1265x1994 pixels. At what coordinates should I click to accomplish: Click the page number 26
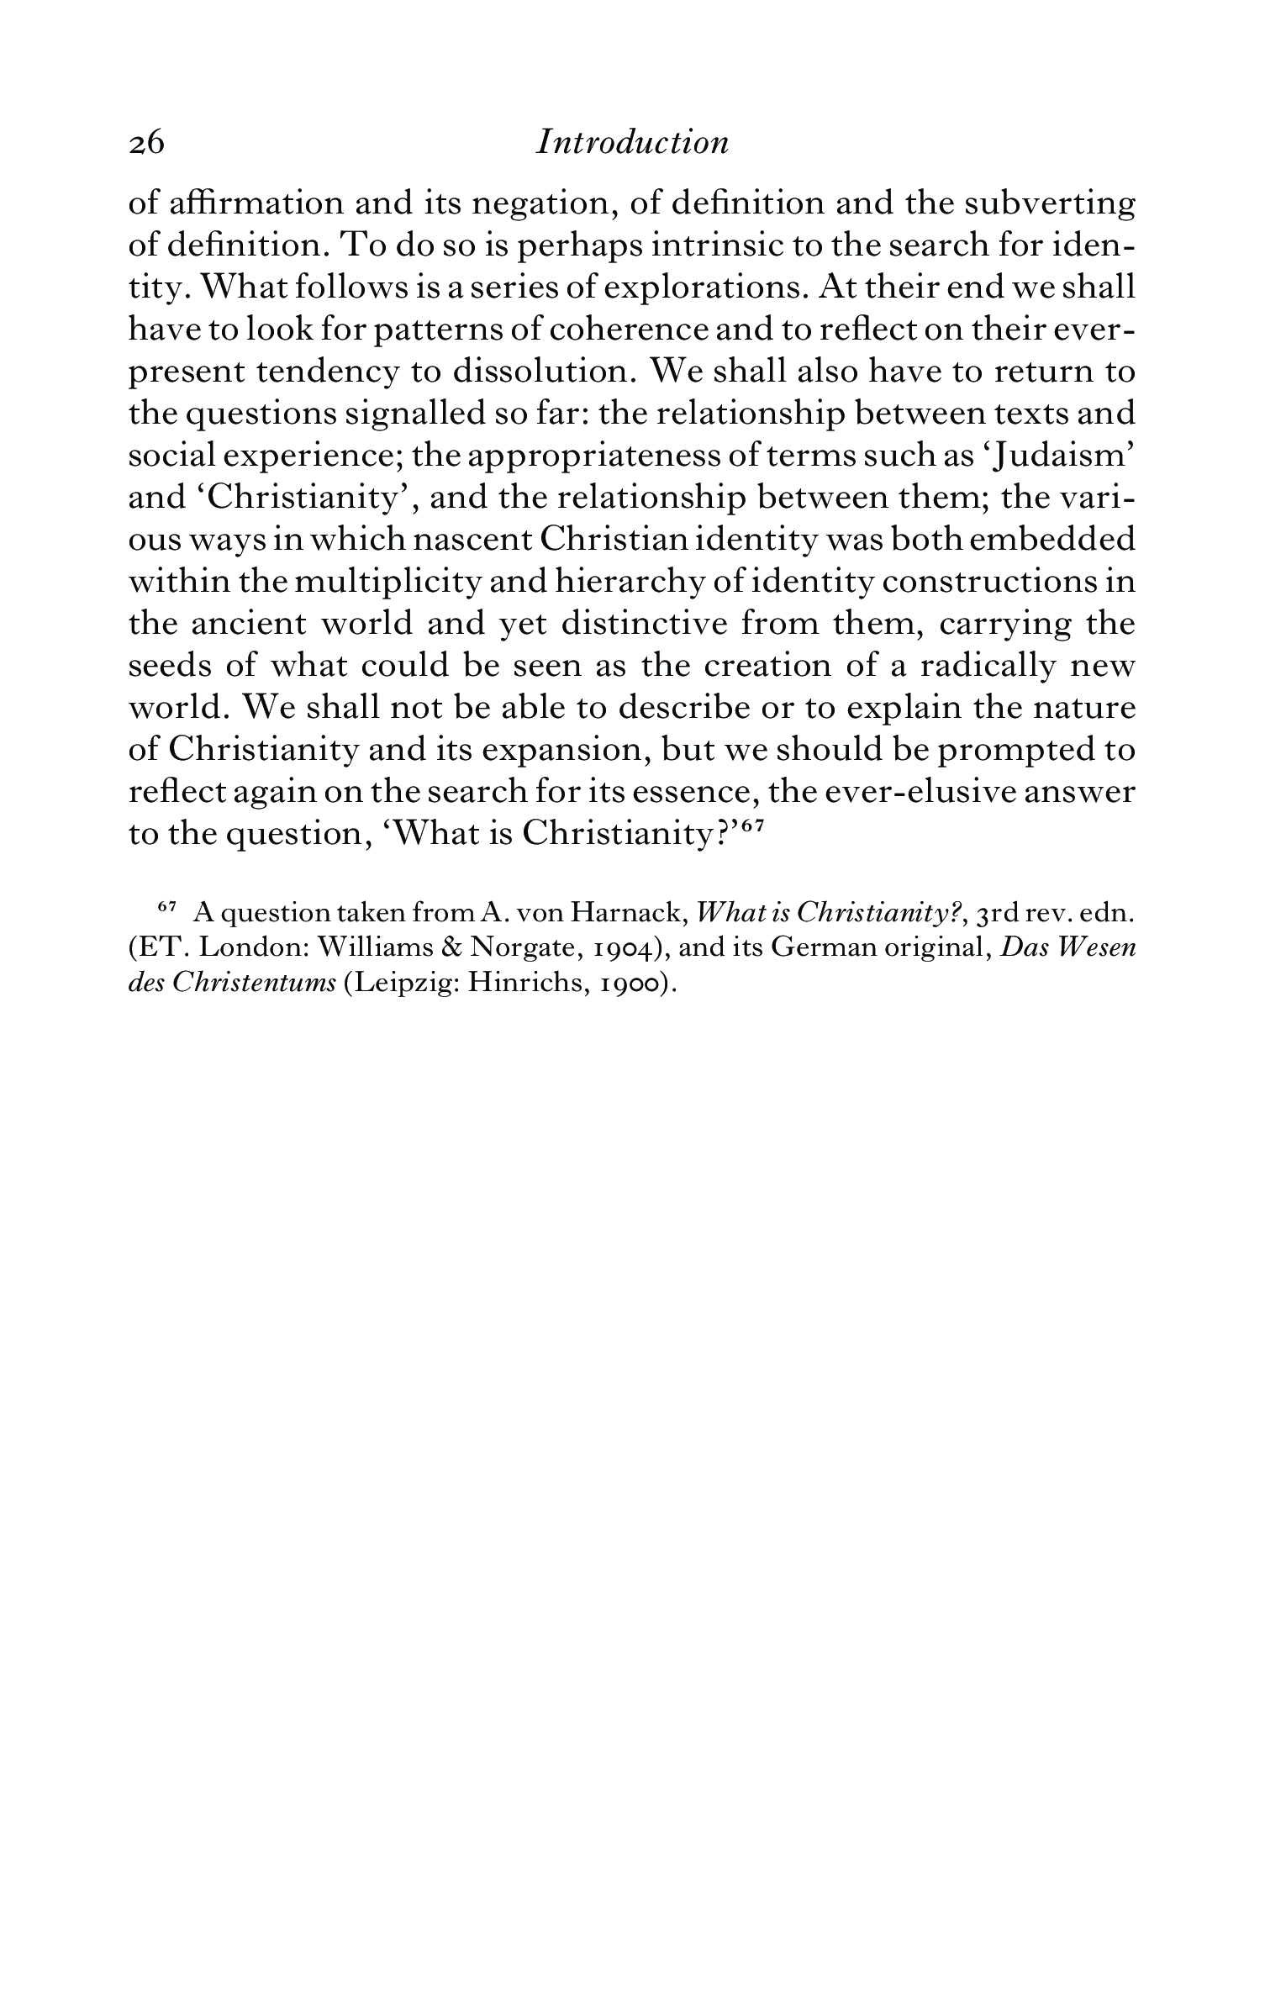(x=146, y=144)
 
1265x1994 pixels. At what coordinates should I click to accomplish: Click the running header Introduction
(x=632, y=142)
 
